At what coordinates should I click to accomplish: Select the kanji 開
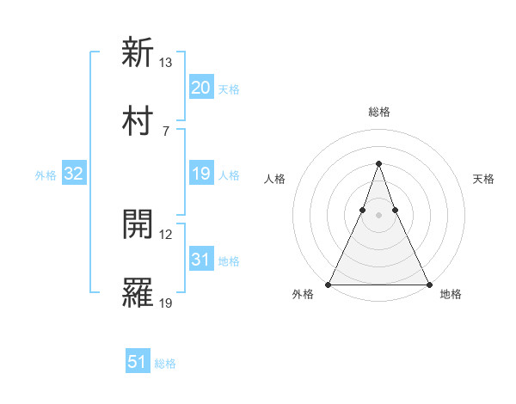click(138, 224)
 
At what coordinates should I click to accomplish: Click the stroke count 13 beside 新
click(166, 63)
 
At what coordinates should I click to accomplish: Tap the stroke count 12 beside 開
click(166, 235)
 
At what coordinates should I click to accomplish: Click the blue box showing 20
click(200, 88)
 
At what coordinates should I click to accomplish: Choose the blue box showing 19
click(200, 174)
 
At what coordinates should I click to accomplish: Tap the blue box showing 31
click(200, 260)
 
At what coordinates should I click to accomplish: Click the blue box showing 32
click(73, 174)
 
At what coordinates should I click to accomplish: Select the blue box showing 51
click(138, 362)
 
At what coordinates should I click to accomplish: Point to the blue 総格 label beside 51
click(165, 364)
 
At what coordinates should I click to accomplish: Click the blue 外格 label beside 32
click(46, 175)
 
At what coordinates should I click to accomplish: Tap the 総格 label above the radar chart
click(378, 112)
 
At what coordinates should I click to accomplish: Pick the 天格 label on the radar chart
click(483, 179)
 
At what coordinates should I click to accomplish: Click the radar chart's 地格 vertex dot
click(428, 284)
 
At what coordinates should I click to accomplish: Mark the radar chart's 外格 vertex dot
click(329, 284)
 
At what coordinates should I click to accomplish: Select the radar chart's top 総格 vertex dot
click(378, 163)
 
